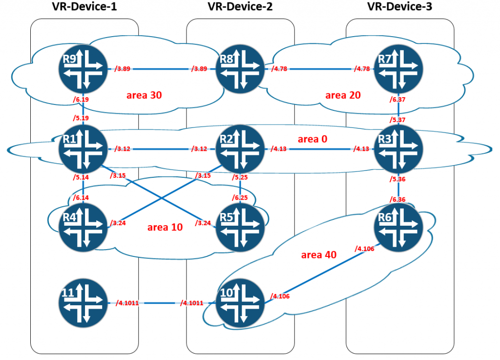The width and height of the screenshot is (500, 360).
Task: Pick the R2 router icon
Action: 240,149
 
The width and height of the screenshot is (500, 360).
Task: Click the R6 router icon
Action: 398,227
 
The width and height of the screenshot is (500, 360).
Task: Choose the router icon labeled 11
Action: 83,303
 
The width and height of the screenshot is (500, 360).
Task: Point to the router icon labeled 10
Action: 240,303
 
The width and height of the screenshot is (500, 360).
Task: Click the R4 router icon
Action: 83,227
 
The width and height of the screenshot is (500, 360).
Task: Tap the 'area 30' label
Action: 144,95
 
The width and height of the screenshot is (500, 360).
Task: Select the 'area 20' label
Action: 343,95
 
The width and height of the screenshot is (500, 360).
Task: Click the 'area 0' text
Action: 312,139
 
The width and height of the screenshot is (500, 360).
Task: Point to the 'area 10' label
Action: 165,227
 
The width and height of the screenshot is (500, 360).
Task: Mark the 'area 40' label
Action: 319,255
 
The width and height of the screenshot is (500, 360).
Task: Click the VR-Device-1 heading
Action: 84,6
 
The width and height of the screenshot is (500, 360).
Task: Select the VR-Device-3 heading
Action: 400,6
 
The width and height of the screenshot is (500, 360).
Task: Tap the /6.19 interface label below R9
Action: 81,100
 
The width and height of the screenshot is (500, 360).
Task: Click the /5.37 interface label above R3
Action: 397,120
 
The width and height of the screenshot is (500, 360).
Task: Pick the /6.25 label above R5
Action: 240,198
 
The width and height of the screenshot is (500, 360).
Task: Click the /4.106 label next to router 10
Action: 280,296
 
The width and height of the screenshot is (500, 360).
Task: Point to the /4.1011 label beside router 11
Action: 127,303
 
